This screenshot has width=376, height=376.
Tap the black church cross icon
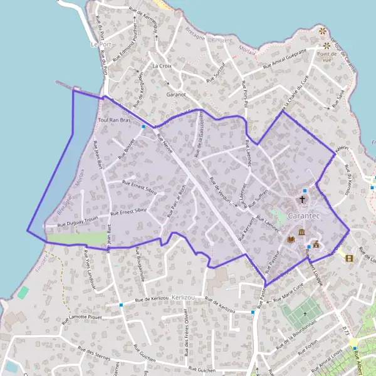[302, 200]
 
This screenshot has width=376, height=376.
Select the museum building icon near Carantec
[302, 233]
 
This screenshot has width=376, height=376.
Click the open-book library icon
[291, 239]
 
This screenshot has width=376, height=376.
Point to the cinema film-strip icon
[349, 258]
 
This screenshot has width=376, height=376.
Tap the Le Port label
[100, 44]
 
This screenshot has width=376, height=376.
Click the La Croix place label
[162, 65]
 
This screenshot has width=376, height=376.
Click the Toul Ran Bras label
[113, 120]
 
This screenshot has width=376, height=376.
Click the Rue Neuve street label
[165, 143]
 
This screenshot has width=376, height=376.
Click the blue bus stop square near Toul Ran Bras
[144, 126]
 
